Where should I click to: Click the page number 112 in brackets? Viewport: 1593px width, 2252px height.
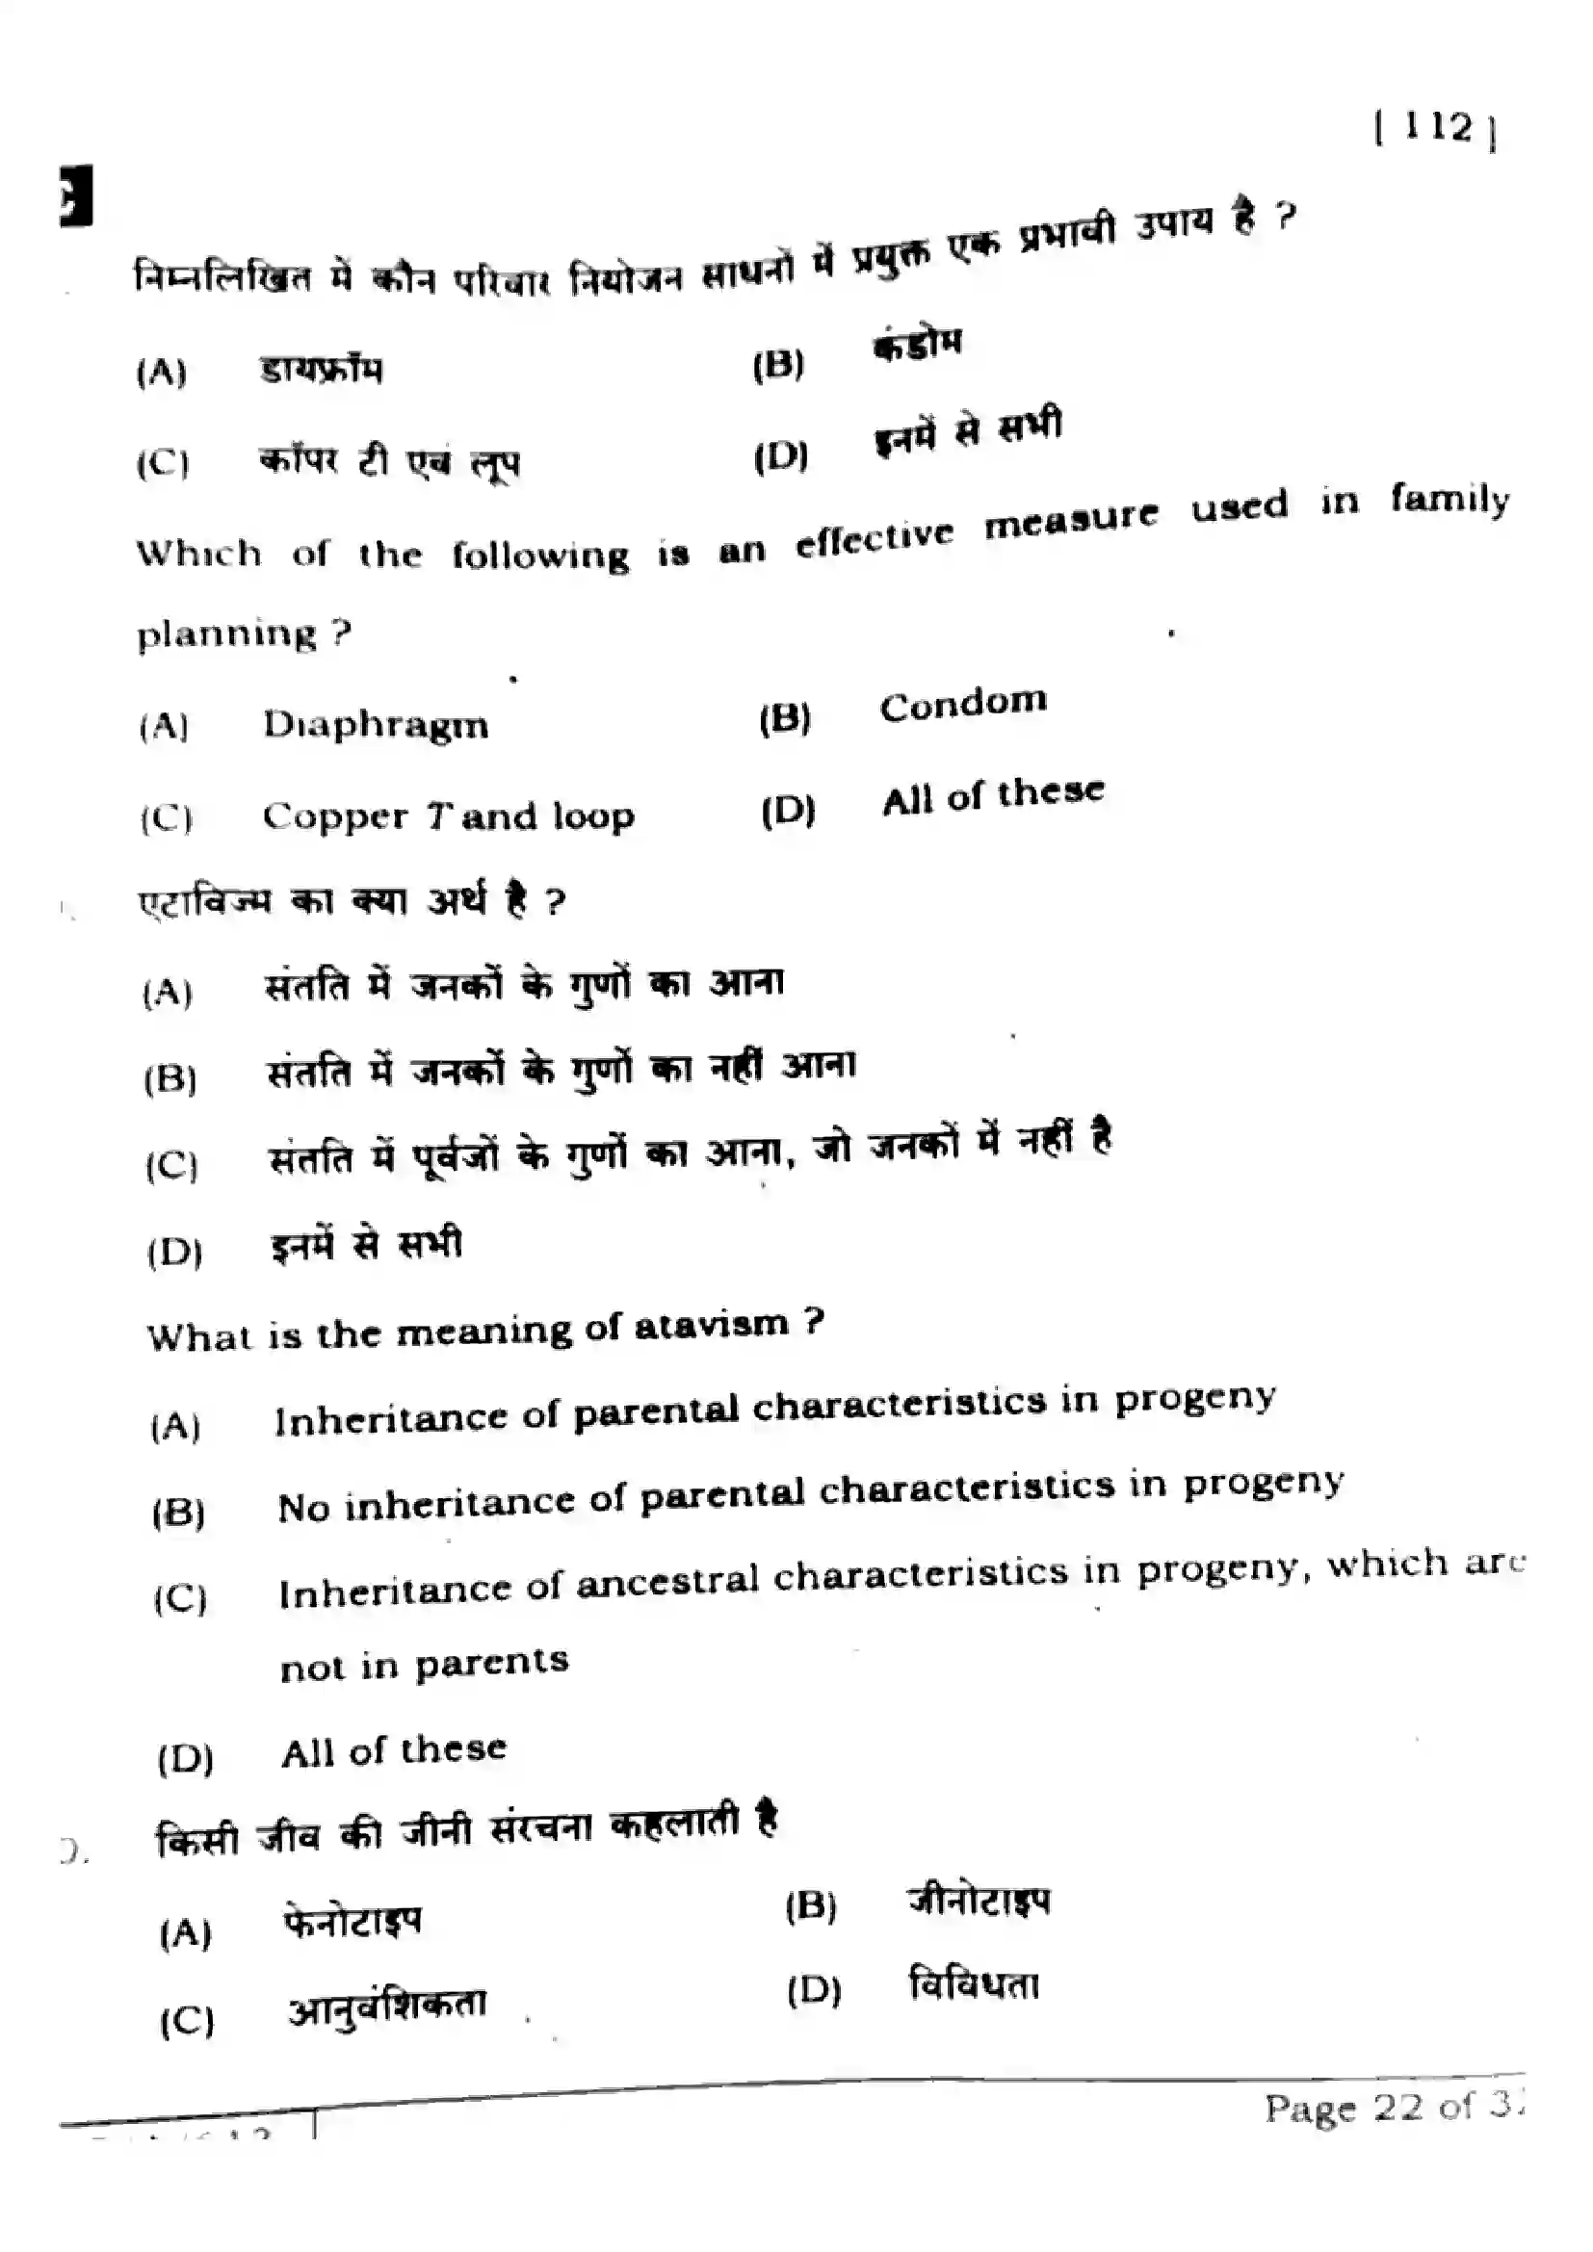[1437, 128]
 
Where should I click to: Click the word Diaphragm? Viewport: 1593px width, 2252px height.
[376, 726]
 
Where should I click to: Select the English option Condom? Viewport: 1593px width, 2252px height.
[963, 704]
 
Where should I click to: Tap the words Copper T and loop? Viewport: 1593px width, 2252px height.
[448, 816]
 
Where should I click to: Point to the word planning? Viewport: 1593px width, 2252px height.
[226, 634]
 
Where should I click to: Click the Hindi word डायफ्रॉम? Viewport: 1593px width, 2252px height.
[322, 370]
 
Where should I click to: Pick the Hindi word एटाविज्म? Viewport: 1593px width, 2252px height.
[205, 902]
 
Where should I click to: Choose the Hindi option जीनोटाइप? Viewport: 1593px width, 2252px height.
[978, 1900]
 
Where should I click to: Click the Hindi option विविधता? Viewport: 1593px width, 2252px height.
[974, 1985]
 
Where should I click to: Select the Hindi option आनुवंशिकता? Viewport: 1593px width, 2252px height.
[387, 2006]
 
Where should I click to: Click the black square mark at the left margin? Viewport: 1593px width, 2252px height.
[76, 196]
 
